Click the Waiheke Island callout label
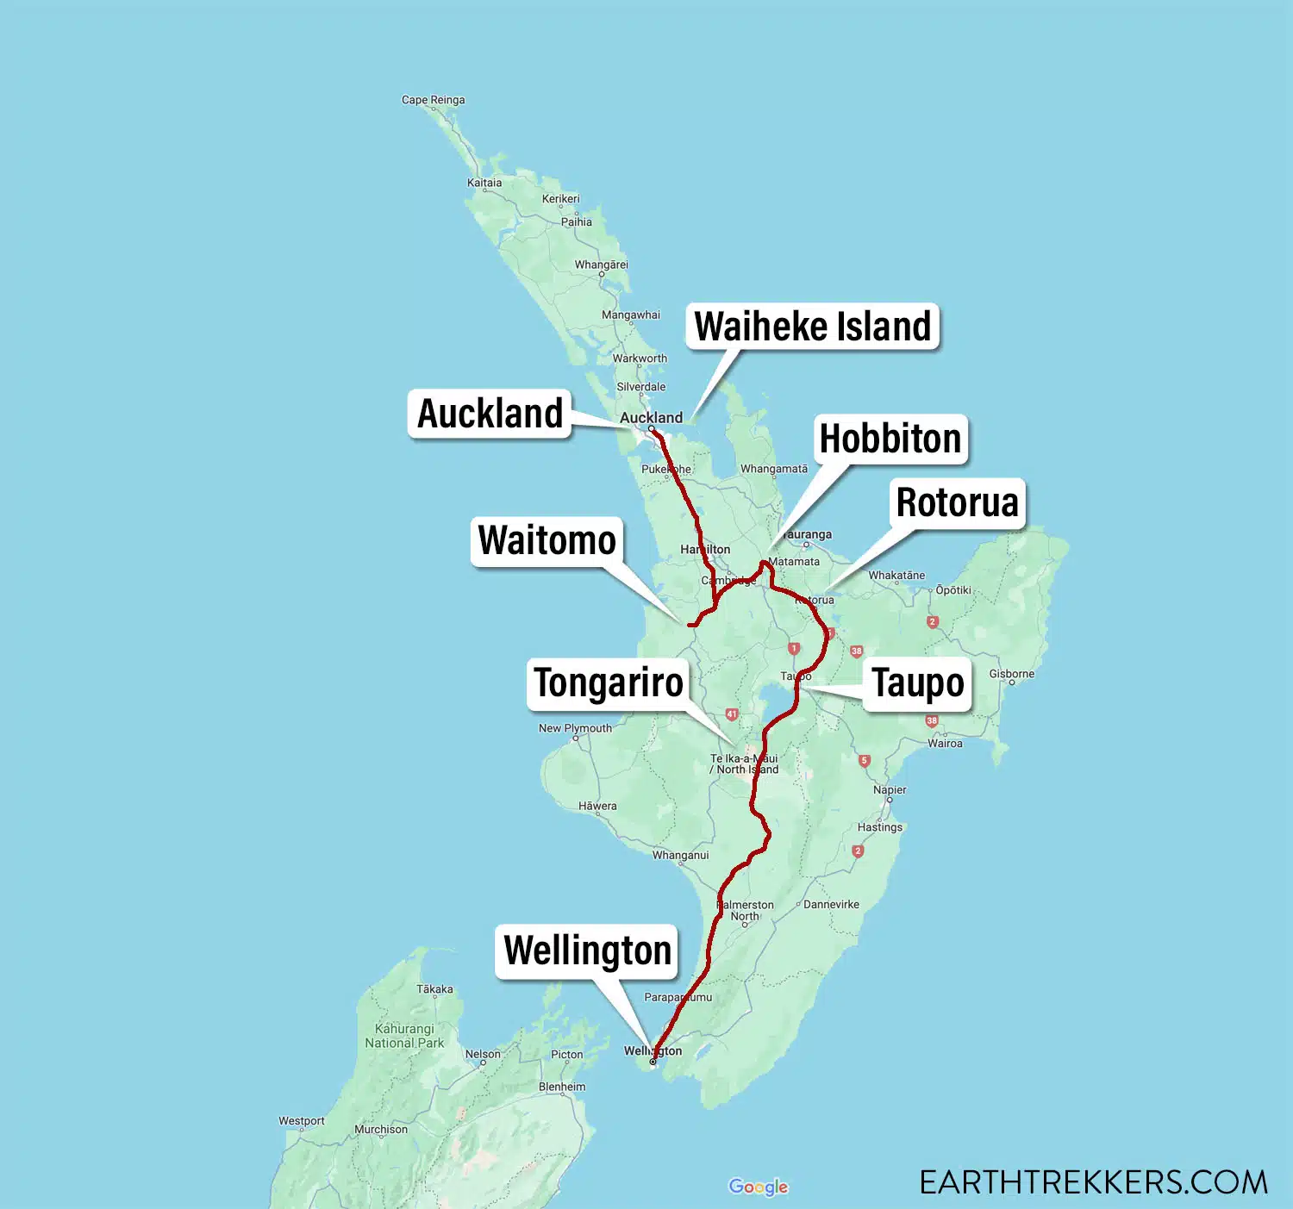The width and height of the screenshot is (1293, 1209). pyautogui.click(x=812, y=327)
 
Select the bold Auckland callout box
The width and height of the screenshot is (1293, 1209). pyautogui.click(x=490, y=414)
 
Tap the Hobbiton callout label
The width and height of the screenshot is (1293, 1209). pyautogui.click(x=890, y=439)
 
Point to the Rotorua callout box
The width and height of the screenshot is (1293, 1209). pyautogui.click(x=957, y=503)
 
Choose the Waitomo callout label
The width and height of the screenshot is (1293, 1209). pyautogui.click(x=547, y=541)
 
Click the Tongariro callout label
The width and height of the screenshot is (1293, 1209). pyautogui.click(x=609, y=683)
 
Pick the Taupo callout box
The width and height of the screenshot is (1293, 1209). pyautogui.click(x=917, y=683)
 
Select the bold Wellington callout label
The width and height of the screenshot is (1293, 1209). pyautogui.click(x=587, y=951)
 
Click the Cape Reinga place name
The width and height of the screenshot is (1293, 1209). pyautogui.click(x=433, y=100)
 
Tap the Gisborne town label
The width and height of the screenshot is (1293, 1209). pyautogui.click(x=1011, y=674)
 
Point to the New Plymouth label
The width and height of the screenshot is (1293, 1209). pyautogui.click(x=575, y=728)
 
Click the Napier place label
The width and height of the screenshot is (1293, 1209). pyautogui.click(x=890, y=790)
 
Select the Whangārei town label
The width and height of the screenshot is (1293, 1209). pyautogui.click(x=602, y=265)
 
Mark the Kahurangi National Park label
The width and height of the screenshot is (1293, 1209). pyautogui.click(x=404, y=1036)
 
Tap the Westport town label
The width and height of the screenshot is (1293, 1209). pyautogui.click(x=302, y=1121)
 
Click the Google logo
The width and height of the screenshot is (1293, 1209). pyautogui.click(x=758, y=1187)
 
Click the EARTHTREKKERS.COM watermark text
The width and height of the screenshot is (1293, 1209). pyautogui.click(x=1093, y=1182)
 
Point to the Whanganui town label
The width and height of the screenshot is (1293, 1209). pyautogui.click(x=680, y=855)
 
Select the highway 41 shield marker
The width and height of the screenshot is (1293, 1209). pyautogui.click(x=731, y=714)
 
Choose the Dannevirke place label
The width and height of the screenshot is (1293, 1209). pyautogui.click(x=831, y=904)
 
